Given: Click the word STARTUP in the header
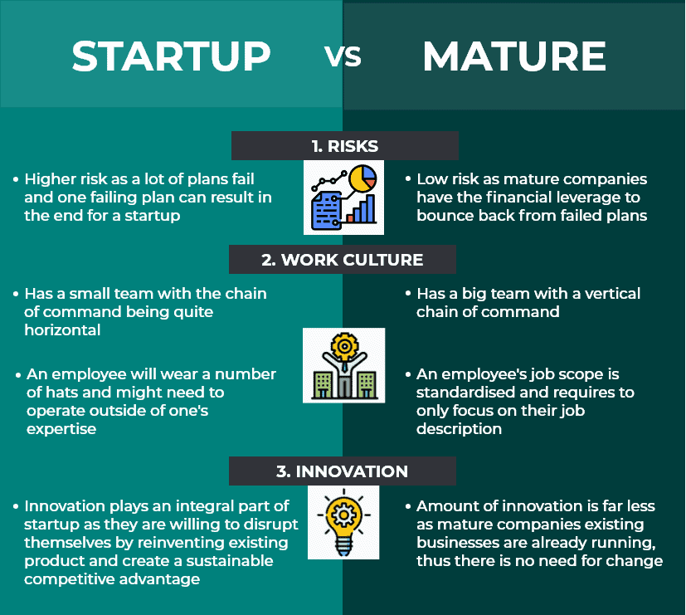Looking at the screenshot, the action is pyautogui.click(x=171, y=56).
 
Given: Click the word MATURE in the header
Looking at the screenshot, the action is pyautogui.click(x=514, y=56).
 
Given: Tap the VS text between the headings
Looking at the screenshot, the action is pyautogui.click(x=343, y=57).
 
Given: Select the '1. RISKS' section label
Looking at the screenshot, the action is pyautogui.click(x=345, y=146).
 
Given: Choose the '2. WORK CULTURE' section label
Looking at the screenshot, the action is pyautogui.click(x=342, y=260).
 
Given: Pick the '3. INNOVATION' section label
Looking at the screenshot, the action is pyautogui.click(x=342, y=471).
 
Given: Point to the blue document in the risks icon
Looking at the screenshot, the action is pyautogui.click(x=326, y=211).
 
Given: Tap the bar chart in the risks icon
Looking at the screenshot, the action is pyautogui.click(x=362, y=209).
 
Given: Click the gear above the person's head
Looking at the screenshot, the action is pyautogui.click(x=345, y=346).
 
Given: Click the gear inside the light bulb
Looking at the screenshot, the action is pyautogui.click(x=344, y=515).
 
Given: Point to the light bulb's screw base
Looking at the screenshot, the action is pyautogui.click(x=344, y=546).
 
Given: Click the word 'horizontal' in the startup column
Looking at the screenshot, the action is pyautogui.click(x=62, y=330).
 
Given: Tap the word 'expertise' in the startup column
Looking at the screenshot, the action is pyautogui.click(x=61, y=429).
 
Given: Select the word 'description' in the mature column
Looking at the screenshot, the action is pyautogui.click(x=459, y=429).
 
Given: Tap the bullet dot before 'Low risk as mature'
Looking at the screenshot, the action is pyautogui.click(x=408, y=179).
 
